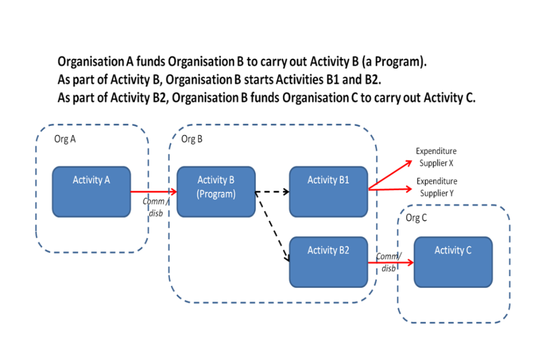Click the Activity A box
pos(91,192)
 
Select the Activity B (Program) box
pos(216,192)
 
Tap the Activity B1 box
pos(328,192)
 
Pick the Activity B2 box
pos(328,262)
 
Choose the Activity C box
pos(453,262)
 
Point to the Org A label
pos(65,139)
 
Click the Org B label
pos(192,139)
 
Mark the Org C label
pos(417,218)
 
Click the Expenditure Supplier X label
pos(436,157)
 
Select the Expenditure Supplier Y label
pos(436,187)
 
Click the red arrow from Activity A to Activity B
pos(153,192)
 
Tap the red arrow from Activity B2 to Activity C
pos(390,262)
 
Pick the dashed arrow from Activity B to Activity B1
pos(272,192)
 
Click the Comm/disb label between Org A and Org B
pos(154,207)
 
